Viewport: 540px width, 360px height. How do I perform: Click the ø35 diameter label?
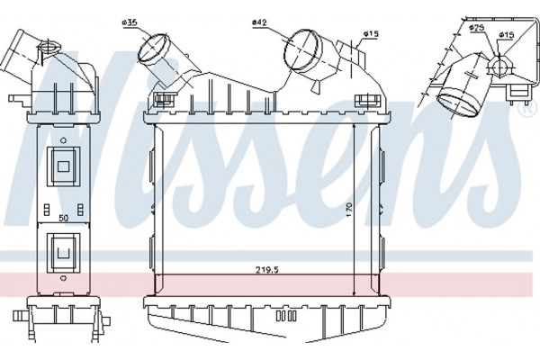129,22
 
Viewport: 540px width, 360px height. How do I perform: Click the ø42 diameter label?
259,22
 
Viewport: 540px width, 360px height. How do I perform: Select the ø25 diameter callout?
477,28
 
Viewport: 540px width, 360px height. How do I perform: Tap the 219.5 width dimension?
267,270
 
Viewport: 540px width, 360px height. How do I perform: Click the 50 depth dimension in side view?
63,218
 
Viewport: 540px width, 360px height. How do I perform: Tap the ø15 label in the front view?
371,34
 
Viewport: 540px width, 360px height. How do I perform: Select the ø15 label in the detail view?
506,35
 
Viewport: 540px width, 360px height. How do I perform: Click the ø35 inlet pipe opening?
152,49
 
